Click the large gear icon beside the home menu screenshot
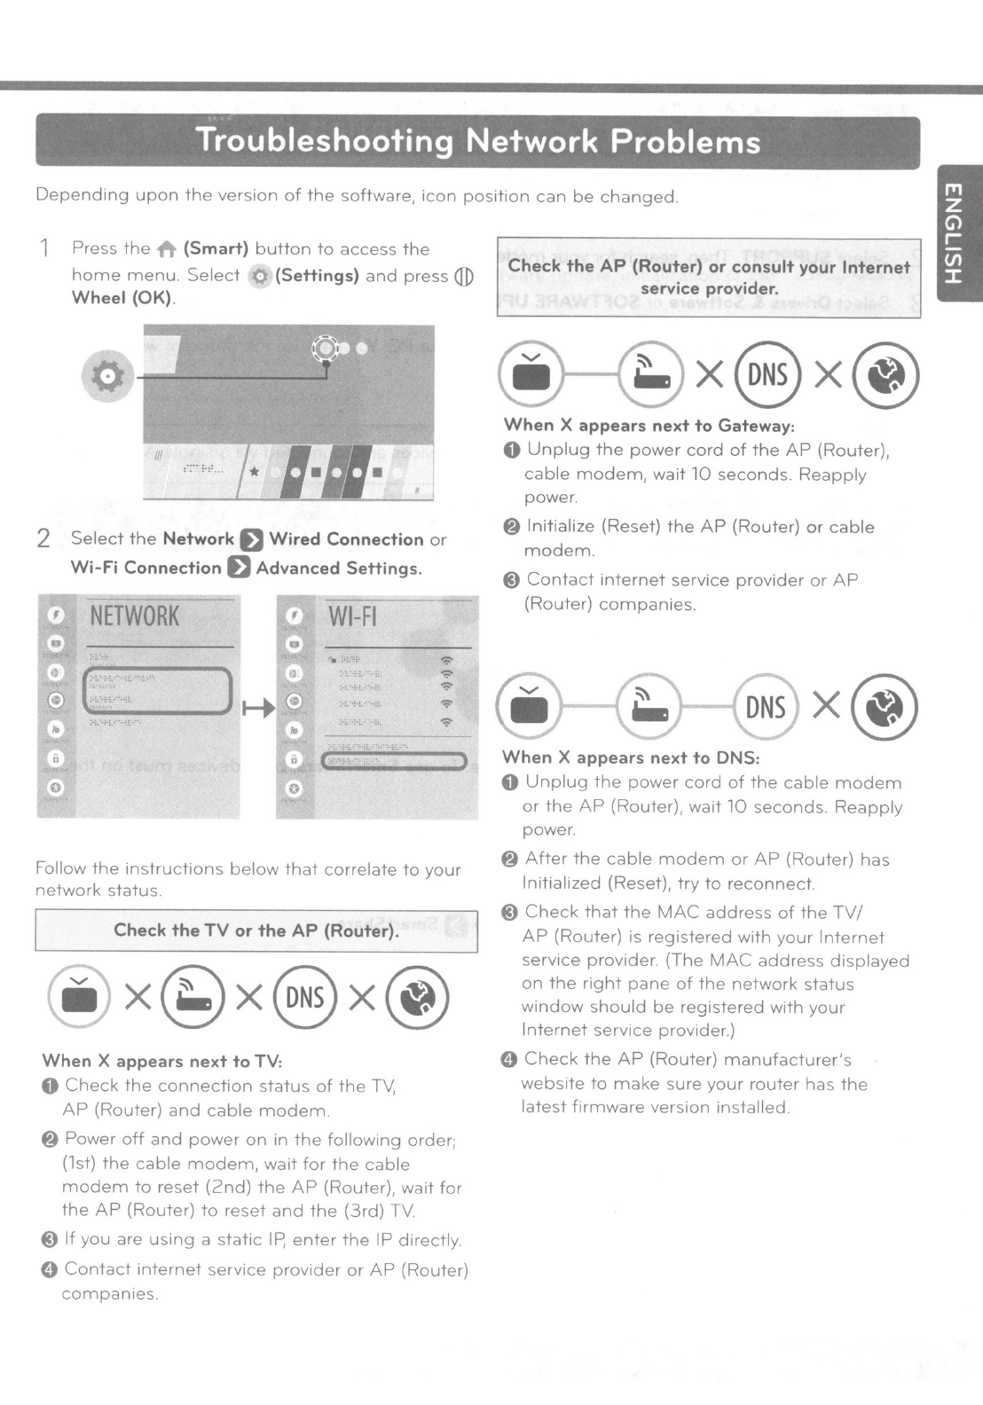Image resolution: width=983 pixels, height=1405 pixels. click(x=108, y=376)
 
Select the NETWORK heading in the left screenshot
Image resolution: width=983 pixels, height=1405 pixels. click(x=135, y=616)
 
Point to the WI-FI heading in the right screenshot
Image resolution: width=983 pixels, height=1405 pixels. click(x=353, y=616)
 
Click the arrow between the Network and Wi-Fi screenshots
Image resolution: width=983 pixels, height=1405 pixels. click(x=258, y=708)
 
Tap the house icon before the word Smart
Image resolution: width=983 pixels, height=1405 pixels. click(x=167, y=250)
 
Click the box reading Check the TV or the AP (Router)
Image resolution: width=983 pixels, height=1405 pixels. click(x=256, y=930)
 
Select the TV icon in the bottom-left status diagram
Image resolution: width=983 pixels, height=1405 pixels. click(x=79, y=997)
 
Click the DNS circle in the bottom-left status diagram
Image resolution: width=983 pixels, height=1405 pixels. click(x=305, y=997)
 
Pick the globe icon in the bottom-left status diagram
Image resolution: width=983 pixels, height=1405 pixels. click(x=418, y=997)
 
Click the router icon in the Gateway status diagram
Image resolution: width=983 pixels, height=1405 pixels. click(x=650, y=374)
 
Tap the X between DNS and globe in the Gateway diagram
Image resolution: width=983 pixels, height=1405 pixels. click(x=828, y=375)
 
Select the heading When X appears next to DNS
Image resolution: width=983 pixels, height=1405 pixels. click(x=631, y=757)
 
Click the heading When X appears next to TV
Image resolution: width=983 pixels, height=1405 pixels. click(x=161, y=1061)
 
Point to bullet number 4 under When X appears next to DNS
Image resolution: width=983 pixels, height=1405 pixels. click(x=509, y=1059)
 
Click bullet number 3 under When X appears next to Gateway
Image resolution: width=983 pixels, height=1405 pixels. click(x=512, y=580)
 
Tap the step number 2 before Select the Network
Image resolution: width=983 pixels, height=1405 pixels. click(x=43, y=538)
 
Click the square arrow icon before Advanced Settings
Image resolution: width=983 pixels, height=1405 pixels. click(x=239, y=568)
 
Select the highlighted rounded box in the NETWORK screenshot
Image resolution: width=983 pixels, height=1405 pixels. click(x=158, y=691)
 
